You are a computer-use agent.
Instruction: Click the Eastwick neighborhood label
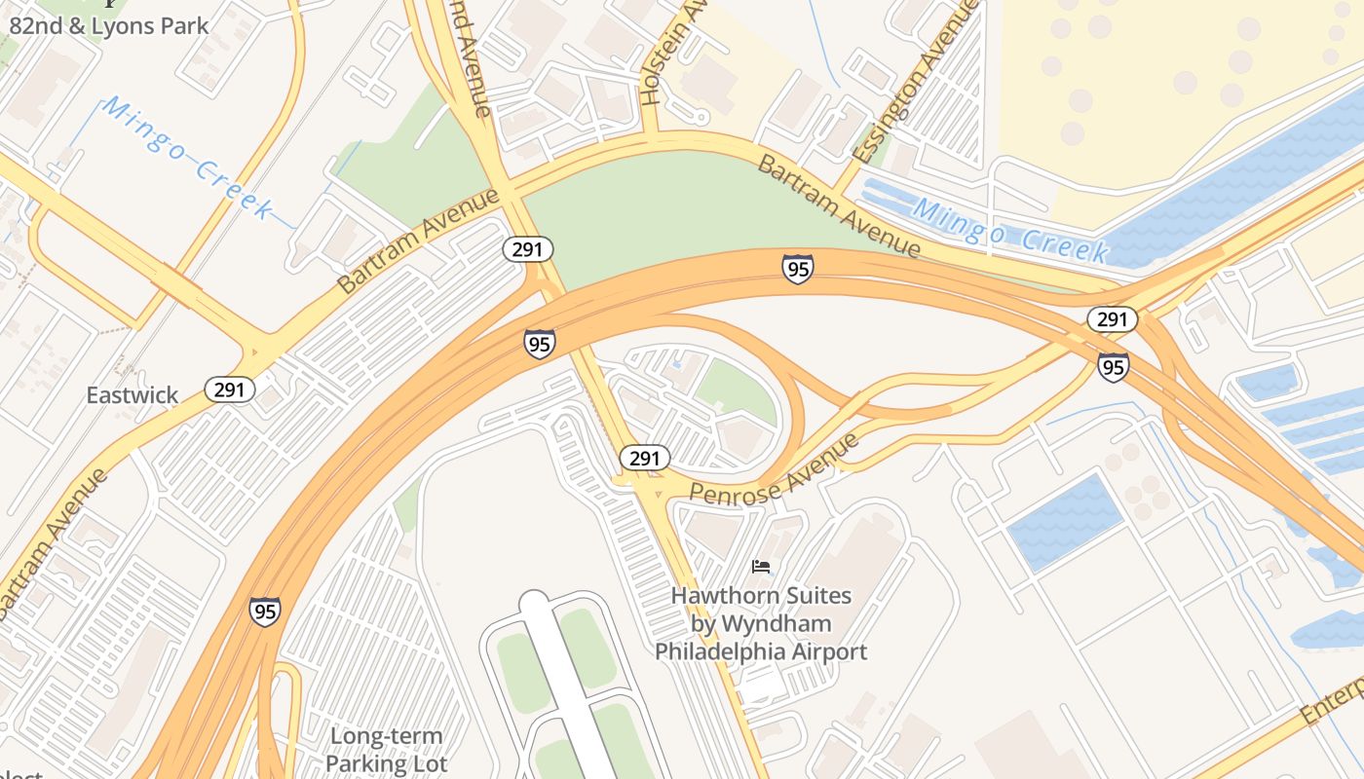point(133,394)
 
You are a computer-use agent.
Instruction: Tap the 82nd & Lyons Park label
point(109,25)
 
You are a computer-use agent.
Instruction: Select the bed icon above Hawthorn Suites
point(761,566)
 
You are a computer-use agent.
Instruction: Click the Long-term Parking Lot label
point(386,750)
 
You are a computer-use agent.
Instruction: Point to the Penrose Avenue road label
point(775,469)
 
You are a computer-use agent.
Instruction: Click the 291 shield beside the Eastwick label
point(230,389)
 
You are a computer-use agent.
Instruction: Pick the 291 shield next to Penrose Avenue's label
point(644,458)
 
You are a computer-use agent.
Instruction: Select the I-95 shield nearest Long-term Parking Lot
point(264,611)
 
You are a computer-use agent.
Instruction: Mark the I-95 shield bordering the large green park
point(797,268)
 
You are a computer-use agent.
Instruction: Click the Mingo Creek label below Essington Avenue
point(1011,230)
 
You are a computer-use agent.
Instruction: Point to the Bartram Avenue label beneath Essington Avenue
point(839,205)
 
